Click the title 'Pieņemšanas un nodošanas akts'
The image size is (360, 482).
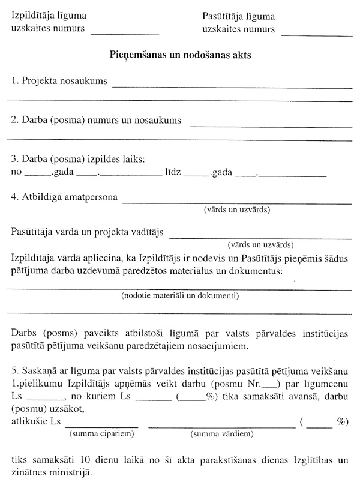180,55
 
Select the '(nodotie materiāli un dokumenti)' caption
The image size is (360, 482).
180,296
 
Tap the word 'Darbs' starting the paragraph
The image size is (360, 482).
24,334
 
